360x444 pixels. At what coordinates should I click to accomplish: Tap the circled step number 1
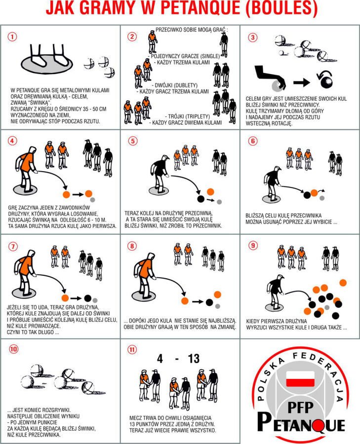tap(12, 37)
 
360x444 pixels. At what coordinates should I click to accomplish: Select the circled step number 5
tap(132, 141)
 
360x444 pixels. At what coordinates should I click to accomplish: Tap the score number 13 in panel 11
tap(193, 359)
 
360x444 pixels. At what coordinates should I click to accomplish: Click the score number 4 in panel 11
tap(160, 359)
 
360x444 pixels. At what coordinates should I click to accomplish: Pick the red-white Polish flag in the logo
tap(300, 379)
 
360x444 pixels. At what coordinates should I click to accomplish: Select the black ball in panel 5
tap(200, 199)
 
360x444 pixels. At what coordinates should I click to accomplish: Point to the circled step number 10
tap(14, 349)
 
